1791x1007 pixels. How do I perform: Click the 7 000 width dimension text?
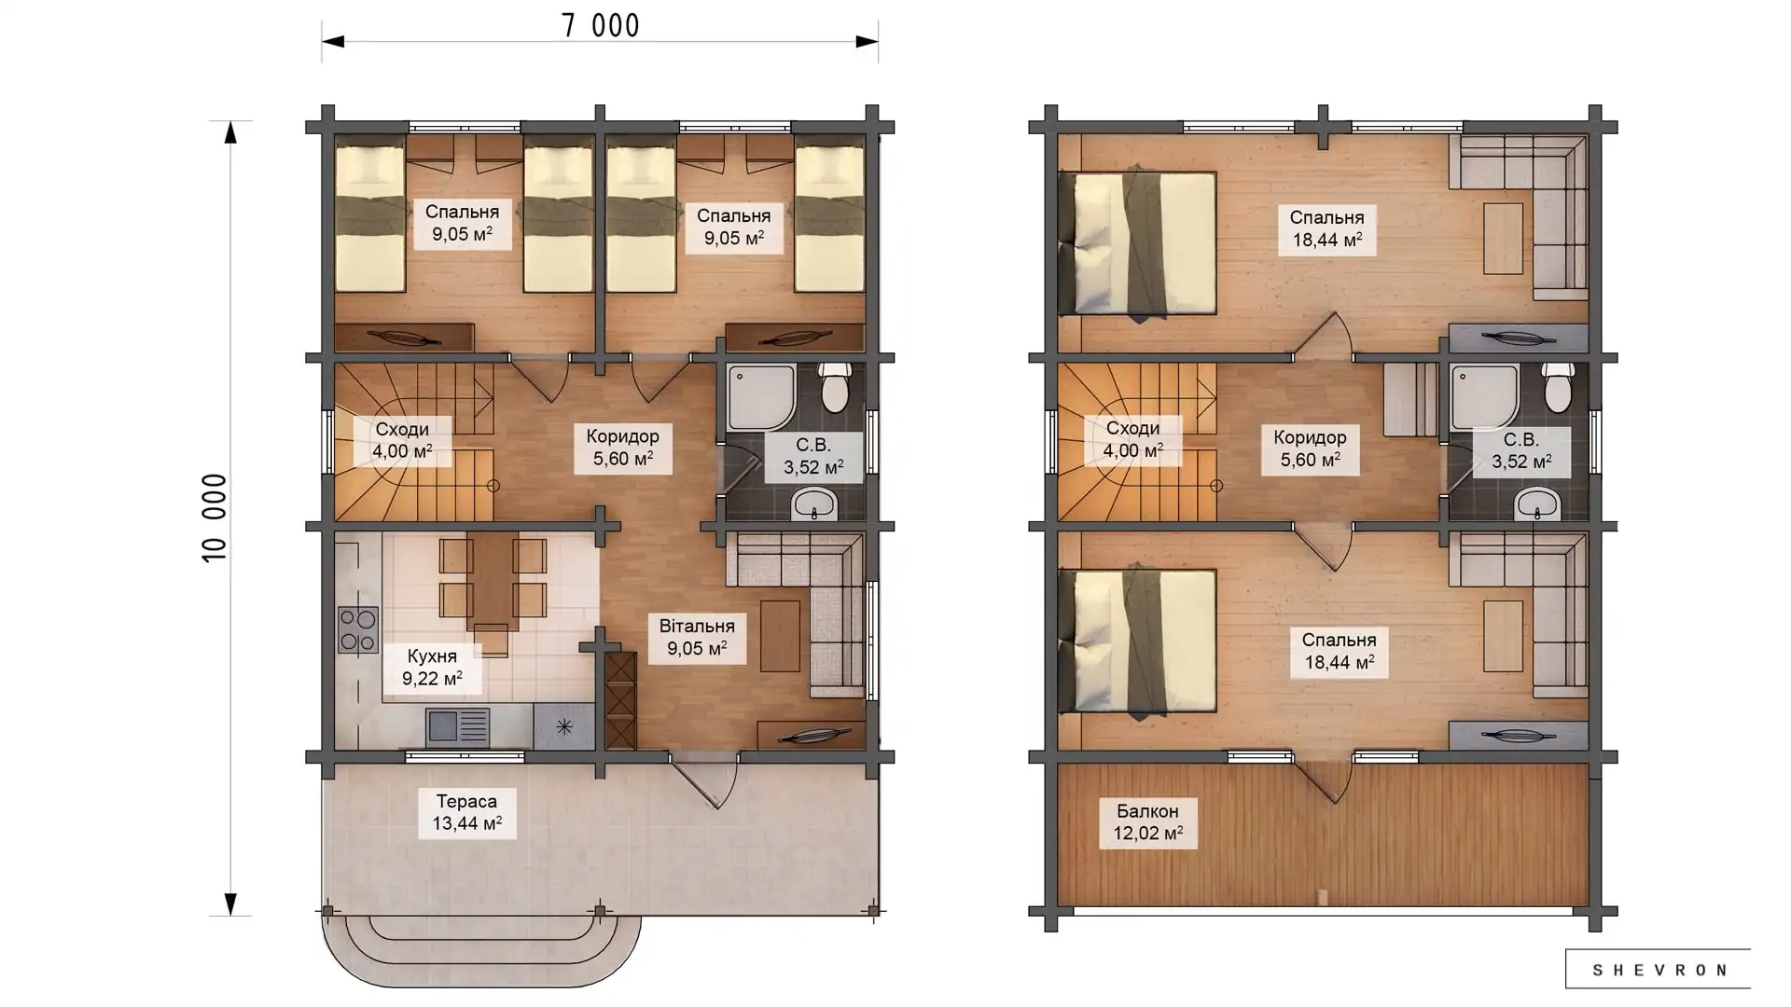pyautogui.click(x=600, y=25)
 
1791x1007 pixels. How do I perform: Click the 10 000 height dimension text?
pyautogui.click(x=215, y=517)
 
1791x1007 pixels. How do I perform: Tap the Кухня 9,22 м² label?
pyautogui.click(x=432, y=668)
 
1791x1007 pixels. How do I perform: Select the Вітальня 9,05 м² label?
pyautogui.click(x=697, y=638)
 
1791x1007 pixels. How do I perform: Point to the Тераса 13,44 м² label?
pyautogui.click(x=466, y=813)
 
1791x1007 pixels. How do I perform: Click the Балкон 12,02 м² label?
pyautogui.click(x=1147, y=822)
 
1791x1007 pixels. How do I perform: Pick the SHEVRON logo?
pyautogui.click(x=1658, y=970)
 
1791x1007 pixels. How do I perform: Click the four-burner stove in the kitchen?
pyautogui.click(x=358, y=629)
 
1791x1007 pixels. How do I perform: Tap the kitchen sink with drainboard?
pyautogui.click(x=457, y=727)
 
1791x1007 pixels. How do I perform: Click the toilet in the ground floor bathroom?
pyautogui.click(x=834, y=388)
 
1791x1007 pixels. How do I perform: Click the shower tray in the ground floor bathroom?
pyautogui.click(x=761, y=398)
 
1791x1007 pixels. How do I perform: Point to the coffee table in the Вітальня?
pyautogui.click(x=780, y=636)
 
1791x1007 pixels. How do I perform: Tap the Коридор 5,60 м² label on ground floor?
pyautogui.click(x=623, y=448)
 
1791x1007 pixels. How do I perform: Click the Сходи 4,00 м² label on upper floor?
pyautogui.click(x=1132, y=439)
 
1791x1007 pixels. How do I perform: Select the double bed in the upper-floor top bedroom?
pyautogui.click(x=1138, y=242)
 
